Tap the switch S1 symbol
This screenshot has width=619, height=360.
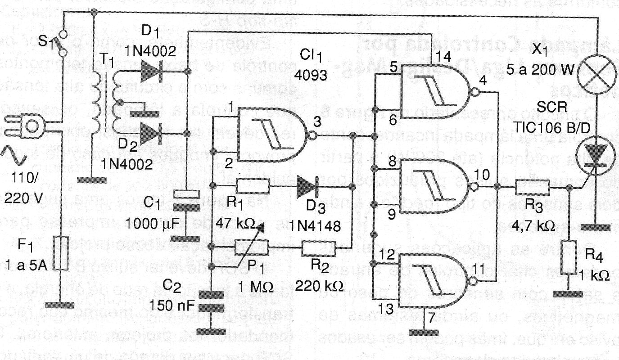[63, 43]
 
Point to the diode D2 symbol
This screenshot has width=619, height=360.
[151, 133]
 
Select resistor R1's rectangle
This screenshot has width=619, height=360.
[253, 185]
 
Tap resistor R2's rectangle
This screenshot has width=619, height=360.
[316, 247]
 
